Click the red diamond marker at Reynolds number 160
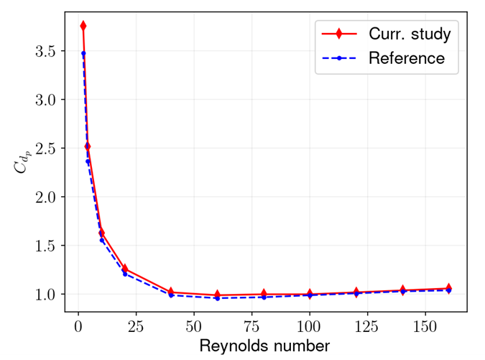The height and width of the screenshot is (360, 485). tap(448, 288)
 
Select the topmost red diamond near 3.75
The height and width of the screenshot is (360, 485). tap(83, 26)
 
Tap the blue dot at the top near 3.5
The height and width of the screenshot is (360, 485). tap(83, 54)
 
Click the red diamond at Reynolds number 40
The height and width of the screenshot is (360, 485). tap(171, 292)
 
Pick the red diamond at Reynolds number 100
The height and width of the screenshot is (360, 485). tap(310, 294)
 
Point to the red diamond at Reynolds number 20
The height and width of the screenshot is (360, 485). tap(125, 269)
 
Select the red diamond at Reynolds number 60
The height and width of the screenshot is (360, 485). tap(217, 295)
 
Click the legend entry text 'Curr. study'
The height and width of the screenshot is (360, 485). tap(410, 34)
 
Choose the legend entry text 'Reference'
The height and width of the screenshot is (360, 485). tap(407, 58)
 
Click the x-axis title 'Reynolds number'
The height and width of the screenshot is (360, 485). tap(265, 346)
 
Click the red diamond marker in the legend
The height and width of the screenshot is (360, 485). tap(338, 34)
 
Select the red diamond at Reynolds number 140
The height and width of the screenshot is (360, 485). tap(402, 290)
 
